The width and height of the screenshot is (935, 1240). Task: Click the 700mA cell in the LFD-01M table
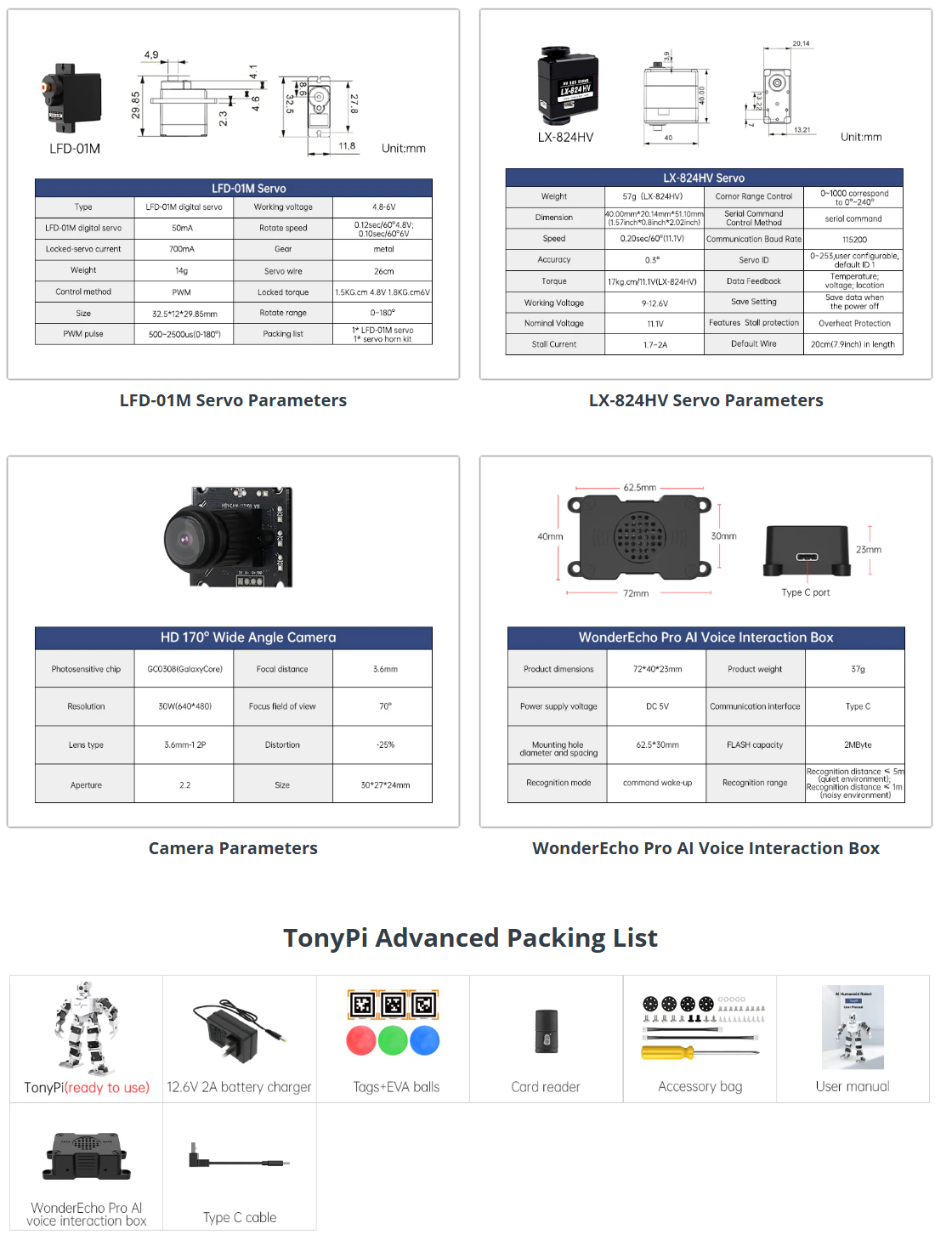pyautogui.click(x=182, y=249)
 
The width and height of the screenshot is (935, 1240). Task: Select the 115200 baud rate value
pyautogui.click(x=854, y=240)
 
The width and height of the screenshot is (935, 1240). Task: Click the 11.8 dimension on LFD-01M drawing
pyautogui.click(x=347, y=146)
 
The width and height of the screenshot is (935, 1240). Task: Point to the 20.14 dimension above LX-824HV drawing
pyautogui.click(x=801, y=43)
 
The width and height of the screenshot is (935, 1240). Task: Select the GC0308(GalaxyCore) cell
pyautogui.click(x=184, y=669)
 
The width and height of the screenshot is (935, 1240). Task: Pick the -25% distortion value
pyautogui.click(x=385, y=745)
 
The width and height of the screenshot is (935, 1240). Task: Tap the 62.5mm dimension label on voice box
pyautogui.click(x=640, y=488)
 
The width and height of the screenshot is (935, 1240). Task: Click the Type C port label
pyautogui.click(x=805, y=592)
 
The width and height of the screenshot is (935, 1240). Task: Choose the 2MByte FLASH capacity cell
pyautogui.click(x=857, y=745)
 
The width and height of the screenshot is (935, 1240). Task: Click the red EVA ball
pyautogui.click(x=361, y=1040)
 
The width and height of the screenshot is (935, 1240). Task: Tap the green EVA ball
pyautogui.click(x=393, y=1040)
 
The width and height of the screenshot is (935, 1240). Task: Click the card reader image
pyautogui.click(x=547, y=1032)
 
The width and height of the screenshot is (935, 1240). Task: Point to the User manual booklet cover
pyautogui.click(x=853, y=1027)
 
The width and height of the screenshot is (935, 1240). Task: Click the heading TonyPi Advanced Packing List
pyautogui.click(x=470, y=937)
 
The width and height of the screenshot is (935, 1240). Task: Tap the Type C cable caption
pyautogui.click(x=240, y=1217)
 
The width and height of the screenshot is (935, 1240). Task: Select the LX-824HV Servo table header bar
pyautogui.click(x=704, y=178)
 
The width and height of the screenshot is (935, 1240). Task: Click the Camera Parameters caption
pyautogui.click(x=233, y=848)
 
